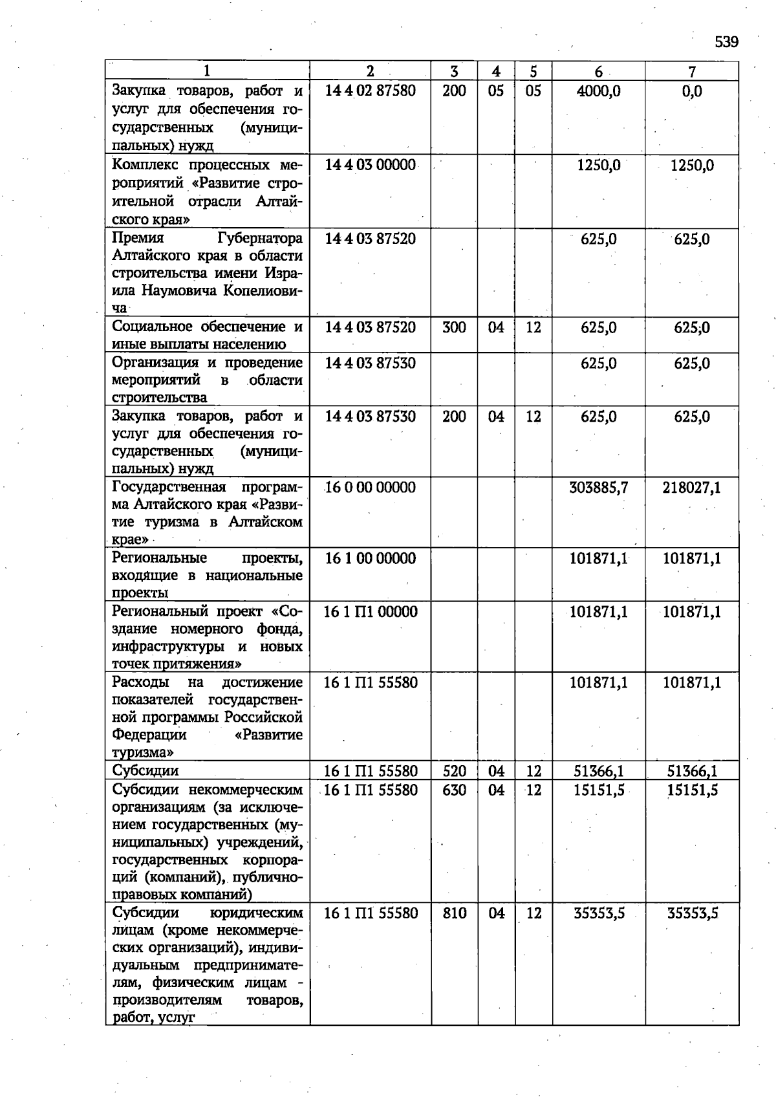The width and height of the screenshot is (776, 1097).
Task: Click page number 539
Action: point(726,42)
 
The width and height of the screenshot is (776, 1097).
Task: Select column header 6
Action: point(598,71)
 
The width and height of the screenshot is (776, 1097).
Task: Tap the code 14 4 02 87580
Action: point(370,91)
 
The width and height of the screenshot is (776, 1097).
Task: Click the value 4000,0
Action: point(598,91)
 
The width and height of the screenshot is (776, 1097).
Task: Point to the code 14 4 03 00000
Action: point(370,165)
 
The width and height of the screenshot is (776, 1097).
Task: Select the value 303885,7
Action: point(598,487)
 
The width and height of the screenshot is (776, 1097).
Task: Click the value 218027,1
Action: point(691,487)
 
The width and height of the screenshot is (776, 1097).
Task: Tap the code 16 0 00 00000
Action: point(370,487)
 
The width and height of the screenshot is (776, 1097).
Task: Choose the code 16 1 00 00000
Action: point(370,558)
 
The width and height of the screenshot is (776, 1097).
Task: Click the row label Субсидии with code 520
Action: point(145,770)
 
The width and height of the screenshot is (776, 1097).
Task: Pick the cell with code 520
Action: point(454,771)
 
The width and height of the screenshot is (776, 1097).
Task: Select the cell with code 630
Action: point(454,790)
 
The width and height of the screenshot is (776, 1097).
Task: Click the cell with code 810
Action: point(454,913)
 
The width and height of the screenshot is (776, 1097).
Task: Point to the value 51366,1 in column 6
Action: point(598,771)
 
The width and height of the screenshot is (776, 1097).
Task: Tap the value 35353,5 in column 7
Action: point(692,913)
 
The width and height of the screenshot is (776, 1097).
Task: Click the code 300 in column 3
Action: point(454,327)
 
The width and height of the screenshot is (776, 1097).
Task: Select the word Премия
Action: point(138,239)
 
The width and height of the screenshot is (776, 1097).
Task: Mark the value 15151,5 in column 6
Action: point(598,790)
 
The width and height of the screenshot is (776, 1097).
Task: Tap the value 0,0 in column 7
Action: point(691,91)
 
